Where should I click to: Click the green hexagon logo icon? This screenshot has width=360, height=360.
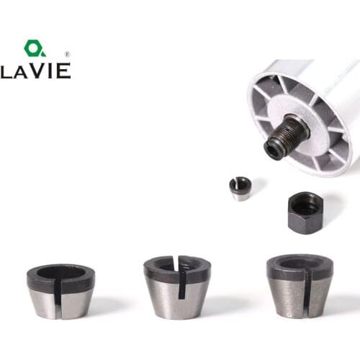(34, 49)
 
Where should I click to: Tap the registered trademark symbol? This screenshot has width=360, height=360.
(67, 54)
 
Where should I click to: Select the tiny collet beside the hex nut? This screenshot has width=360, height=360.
(241, 188)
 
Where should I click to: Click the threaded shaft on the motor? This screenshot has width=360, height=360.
(285, 137)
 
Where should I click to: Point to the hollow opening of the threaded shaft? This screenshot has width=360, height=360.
(273, 149)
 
